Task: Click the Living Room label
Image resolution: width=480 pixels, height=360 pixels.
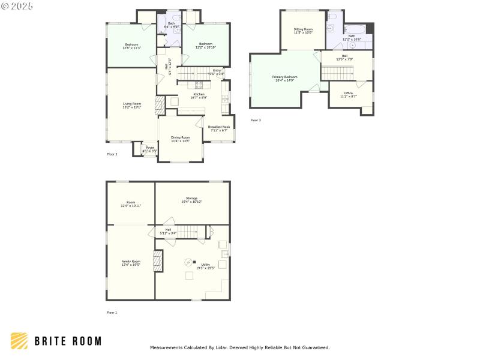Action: click(131, 104)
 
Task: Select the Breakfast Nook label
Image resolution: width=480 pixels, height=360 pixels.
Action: click(219, 127)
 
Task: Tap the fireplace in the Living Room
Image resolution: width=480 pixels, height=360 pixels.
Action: click(159, 106)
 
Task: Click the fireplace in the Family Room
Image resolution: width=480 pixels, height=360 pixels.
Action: click(158, 261)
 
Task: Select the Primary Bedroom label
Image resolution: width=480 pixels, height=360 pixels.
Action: click(284, 77)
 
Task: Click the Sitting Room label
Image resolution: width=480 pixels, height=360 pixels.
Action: click(303, 29)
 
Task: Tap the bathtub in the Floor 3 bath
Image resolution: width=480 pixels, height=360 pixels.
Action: click(356, 29)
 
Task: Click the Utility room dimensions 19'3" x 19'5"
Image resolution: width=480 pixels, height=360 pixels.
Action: click(205, 268)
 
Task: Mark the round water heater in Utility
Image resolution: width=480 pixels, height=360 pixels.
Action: click(188, 262)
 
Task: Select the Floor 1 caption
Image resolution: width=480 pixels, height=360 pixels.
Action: click(112, 313)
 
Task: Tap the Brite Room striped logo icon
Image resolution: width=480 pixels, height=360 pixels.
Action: click(19, 341)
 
